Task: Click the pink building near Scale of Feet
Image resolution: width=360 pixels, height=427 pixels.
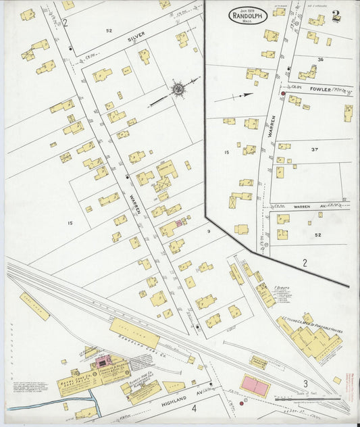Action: (255, 386)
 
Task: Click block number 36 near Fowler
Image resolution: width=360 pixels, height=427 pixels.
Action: (321, 59)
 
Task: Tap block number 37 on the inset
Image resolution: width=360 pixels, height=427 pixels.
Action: (313, 149)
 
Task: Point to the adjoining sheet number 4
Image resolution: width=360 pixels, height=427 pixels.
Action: (193, 408)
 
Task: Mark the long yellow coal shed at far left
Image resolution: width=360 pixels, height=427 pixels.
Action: (34, 306)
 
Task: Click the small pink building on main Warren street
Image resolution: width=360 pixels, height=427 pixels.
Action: (180, 222)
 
